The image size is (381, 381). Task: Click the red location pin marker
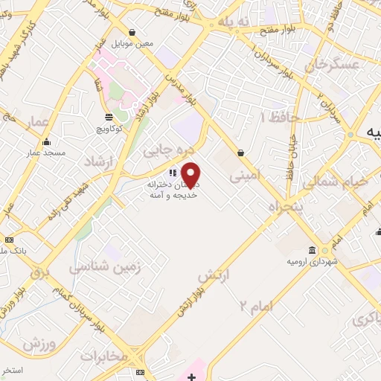pyautogui.click(x=191, y=175)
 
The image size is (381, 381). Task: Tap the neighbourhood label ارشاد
pyautogui.click(x=98, y=162)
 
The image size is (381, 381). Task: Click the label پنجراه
pyautogui.click(x=284, y=205)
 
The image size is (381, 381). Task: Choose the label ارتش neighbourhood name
pyautogui.click(x=216, y=277)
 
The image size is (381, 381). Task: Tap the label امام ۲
pyautogui.click(x=257, y=304)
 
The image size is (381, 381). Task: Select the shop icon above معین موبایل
pyautogui.click(x=132, y=33)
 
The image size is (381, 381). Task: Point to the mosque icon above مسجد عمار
pyautogui.click(x=47, y=142)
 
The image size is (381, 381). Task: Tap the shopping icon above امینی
pyautogui.click(x=241, y=153)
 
